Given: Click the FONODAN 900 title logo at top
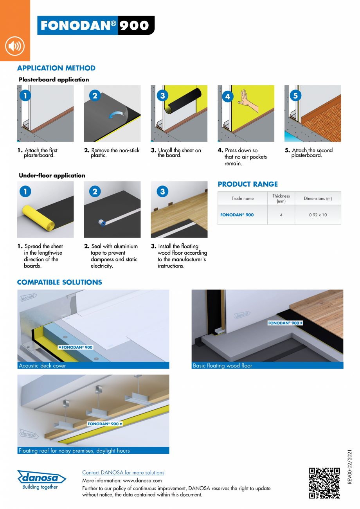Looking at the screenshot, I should click(x=95, y=25).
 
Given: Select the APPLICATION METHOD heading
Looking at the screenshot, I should click(x=56, y=68).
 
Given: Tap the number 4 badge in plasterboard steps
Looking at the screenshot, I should click(x=227, y=96).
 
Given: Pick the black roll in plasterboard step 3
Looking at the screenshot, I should click(x=184, y=101).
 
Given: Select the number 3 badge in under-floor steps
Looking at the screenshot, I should click(x=162, y=191).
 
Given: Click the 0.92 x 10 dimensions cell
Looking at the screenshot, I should click(x=318, y=215).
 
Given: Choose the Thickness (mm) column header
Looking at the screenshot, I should click(x=281, y=198).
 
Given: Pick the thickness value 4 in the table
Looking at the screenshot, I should click(x=281, y=215).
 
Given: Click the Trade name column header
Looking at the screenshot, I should click(x=243, y=198).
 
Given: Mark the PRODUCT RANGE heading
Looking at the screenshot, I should click(x=248, y=184).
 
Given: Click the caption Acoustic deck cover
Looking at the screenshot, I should click(x=42, y=366).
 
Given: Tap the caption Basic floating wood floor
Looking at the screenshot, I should click(x=222, y=366).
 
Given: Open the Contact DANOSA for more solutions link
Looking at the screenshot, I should click(x=123, y=473).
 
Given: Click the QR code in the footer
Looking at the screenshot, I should click(x=324, y=483).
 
